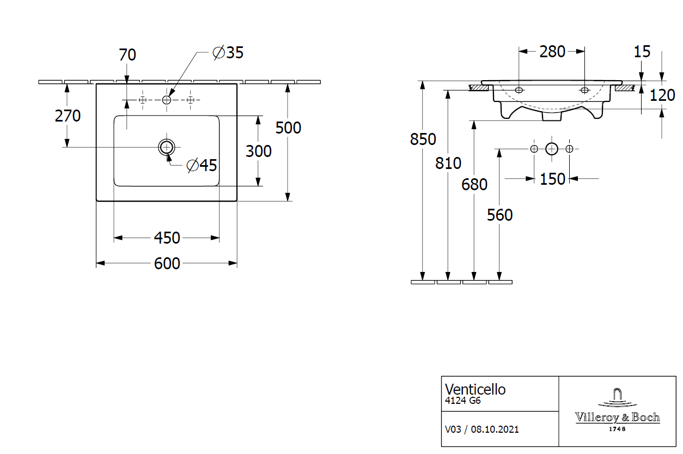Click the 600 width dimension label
point(167,264)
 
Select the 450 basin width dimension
point(167,238)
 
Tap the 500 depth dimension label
point(288,128)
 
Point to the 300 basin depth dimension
point(258,151)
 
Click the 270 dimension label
point(68,116)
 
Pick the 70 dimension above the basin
point(127,55)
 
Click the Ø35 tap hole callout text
point(228,53)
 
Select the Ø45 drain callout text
point(202,166)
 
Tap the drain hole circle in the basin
point(167,147)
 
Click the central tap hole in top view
point(167,100)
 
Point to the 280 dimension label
point(552,52)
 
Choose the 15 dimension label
point(642,52)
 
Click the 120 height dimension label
point(662,96)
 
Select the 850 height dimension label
point(423,140)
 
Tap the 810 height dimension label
point(448,163)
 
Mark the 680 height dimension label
point(474,185)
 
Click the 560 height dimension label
point(500,215)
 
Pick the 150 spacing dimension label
point(552,179)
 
